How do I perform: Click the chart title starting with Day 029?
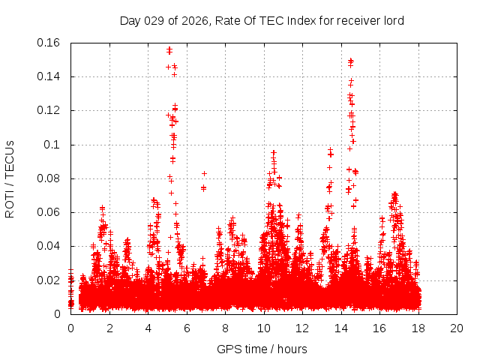(x=262, y=20)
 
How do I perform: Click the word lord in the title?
(x=393, y=20)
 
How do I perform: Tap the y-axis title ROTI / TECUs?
(x=10, y=178)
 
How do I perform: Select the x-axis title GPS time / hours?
(x=262, y=349)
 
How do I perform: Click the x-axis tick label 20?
(x=457, y=328)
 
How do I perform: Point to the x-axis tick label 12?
(x=302, y=328)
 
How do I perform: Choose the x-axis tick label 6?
(x=187, y=328)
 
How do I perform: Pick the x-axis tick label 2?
(x=109, y=328)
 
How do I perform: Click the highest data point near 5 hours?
(x=169, y=49)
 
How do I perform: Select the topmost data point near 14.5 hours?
(x=350, y=60)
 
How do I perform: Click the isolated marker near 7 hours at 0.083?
(x=204, y=173)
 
